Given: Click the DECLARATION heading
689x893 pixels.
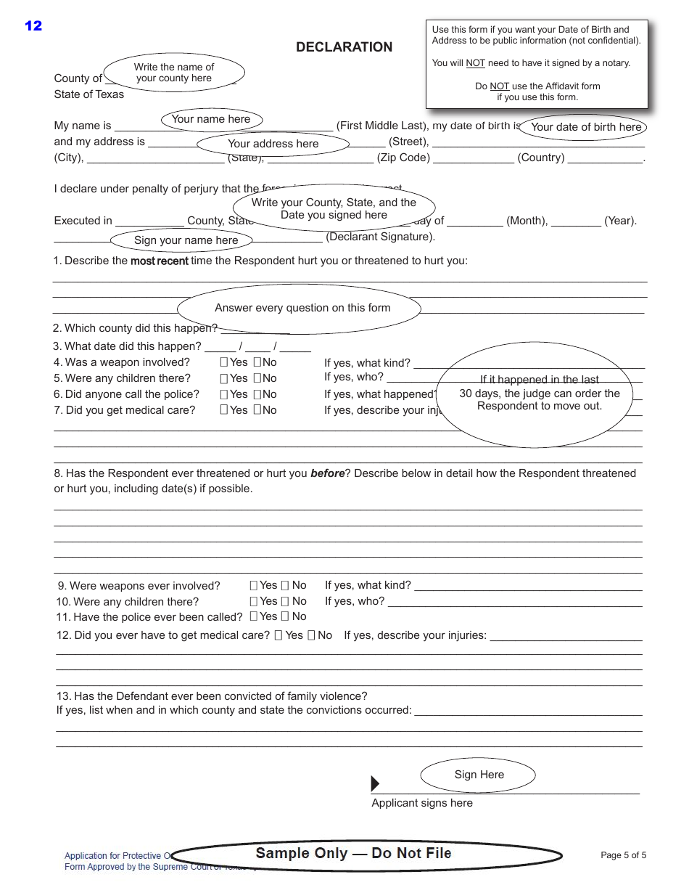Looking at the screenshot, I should coord(344,47).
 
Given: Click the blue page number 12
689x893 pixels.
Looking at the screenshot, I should coord(33,26).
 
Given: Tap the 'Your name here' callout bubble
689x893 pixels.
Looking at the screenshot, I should coord(210,119).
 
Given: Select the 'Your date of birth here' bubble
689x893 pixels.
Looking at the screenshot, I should coord(585,127).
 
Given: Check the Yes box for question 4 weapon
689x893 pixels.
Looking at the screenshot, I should coord(224,362).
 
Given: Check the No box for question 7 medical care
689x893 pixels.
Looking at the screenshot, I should coord(257,410).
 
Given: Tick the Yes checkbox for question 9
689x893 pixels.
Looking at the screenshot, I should coord(254,585).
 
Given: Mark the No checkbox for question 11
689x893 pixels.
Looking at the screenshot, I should coord(285,616).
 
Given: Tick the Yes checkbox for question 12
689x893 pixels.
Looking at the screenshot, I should coord(279,635).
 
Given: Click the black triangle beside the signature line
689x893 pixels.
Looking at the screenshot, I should coord(375,784).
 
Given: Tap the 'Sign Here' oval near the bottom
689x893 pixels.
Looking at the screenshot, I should coord(479,775).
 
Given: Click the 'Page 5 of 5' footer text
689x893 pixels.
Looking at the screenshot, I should coord(623,855).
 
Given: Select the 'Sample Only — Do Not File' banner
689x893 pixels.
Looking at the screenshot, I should coord(354,854).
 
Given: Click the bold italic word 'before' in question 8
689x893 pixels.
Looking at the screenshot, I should coord(327,473).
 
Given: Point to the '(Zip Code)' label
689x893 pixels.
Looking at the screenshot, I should coord(403,158).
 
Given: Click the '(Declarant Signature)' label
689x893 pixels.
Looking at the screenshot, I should coord(380,237).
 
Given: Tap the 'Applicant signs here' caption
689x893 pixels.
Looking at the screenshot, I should coord(422,803).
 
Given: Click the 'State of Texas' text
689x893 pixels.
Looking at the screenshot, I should coord(88,94).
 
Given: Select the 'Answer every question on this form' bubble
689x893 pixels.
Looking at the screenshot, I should coord(302,308).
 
